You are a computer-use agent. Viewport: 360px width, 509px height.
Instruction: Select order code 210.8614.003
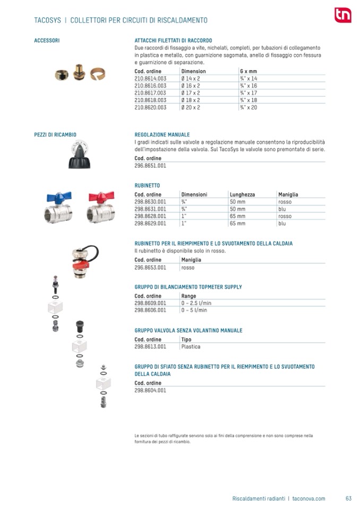[x=150, y=78]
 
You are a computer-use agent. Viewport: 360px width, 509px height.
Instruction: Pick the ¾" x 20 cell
[x=248, y=107]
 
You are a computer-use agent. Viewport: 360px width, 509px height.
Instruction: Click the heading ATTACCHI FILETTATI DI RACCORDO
[x=173, y=40]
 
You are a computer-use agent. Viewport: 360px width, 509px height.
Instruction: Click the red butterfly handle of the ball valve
[x=99, y=196]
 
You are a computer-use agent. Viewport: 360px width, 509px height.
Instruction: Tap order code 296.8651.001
[x=150, y=166]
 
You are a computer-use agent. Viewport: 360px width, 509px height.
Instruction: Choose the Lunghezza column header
[x=242, y=194]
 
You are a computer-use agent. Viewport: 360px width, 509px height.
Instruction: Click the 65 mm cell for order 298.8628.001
[x=237, y=216]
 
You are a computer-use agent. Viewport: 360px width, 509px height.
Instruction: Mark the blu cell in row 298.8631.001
[x=282, y=209]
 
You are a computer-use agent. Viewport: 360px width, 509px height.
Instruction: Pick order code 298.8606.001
[x=150, y=310]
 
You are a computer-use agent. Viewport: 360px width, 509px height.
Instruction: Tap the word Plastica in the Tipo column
[x=191, y=347]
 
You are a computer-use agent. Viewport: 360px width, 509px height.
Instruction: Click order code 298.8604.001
[x=150, y=390]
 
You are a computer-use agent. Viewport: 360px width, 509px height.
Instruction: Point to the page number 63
[x=348, y=498]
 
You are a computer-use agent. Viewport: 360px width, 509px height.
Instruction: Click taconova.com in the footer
[x=308, y=498]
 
